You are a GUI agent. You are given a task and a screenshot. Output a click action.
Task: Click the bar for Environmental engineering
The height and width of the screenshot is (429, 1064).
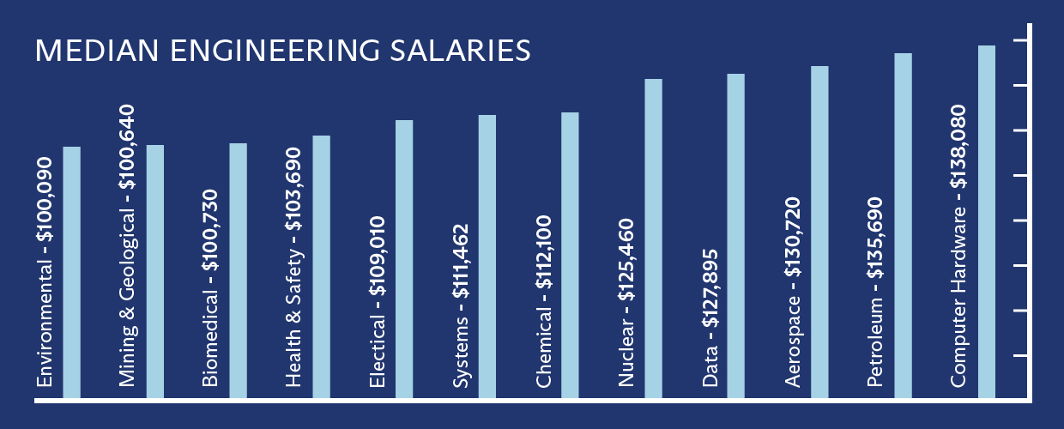click(71, 273)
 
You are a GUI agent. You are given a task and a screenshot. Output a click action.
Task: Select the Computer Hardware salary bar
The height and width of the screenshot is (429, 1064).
click(986, 222)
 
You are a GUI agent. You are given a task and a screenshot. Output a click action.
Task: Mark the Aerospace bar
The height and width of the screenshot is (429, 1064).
click(819, 233)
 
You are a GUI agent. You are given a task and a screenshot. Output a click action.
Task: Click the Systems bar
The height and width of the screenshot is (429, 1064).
click(487, 257)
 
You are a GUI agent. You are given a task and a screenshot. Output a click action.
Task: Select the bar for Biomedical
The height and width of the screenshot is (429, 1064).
click(238, 271)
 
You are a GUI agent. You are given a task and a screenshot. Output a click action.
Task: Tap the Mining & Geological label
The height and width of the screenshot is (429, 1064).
click(128, 245)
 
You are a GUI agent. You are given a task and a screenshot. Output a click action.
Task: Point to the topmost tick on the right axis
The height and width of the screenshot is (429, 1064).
click(1021, 40)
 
